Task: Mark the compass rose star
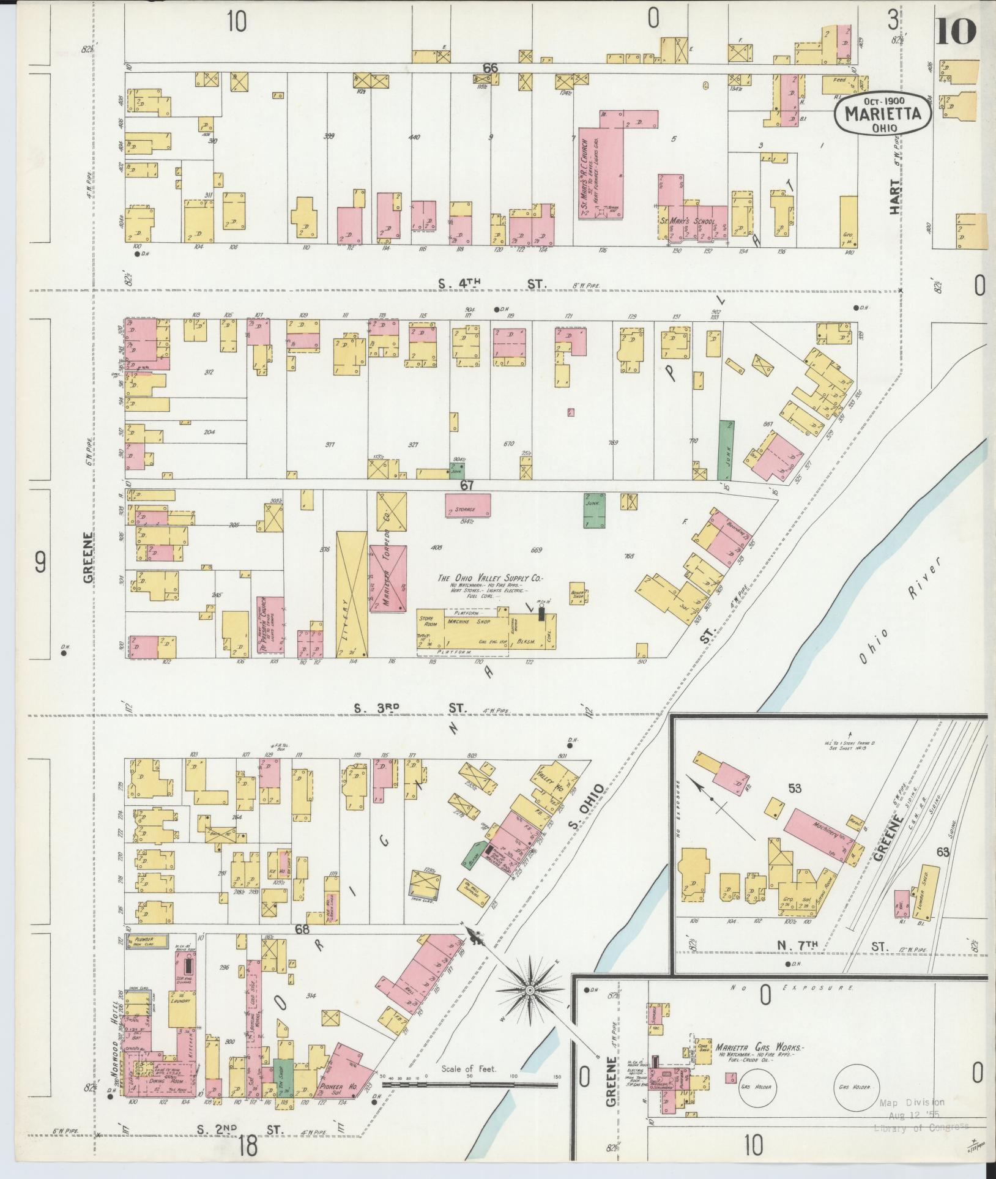click(530, 989)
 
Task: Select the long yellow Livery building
click(352, 594)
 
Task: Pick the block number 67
click(467, 485)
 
